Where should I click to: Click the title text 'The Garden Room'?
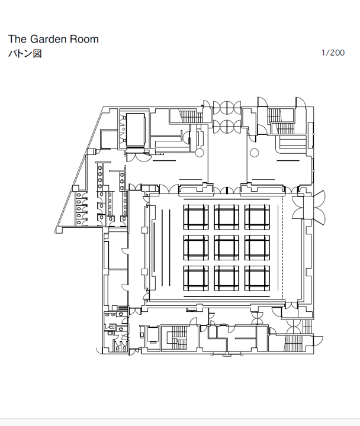(x=53, y=39)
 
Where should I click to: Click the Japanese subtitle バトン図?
(x=24, y=53)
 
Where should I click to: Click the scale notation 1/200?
(x=333, y=53)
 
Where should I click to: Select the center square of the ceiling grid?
(x=227, y=247)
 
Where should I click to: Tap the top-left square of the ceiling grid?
(x=195, y=217)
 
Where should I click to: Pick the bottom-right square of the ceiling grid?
(x=257, y=277)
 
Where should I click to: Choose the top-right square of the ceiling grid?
(x=257, y=217)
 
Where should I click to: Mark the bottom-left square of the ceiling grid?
(x=195, y=277)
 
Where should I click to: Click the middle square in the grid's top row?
(x=227, y=217)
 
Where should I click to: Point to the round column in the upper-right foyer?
(x=255, y=153)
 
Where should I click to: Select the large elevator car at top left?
(x=136, y=129)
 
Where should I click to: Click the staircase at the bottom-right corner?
(x=294, y=343)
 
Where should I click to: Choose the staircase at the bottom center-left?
(x=177, y=339)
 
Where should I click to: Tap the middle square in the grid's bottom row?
(x=227, y=277)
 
